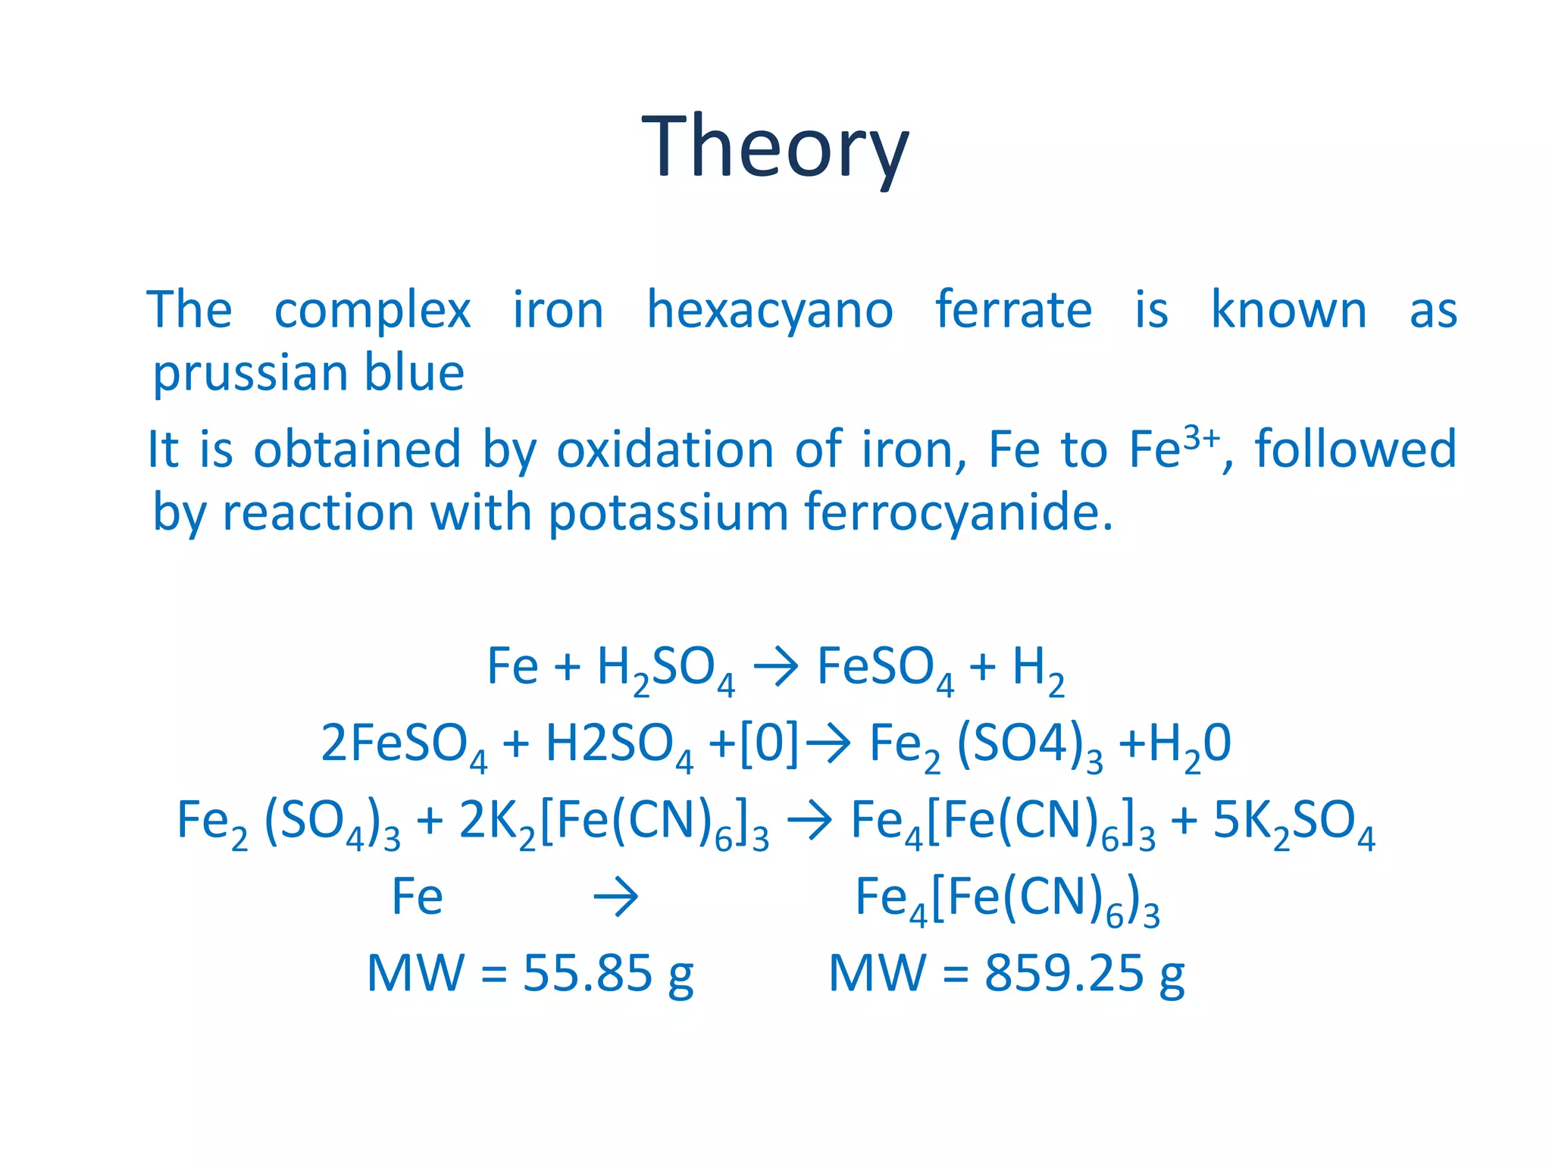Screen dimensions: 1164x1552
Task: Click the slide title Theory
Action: pyautogui.click(x=774, y=146)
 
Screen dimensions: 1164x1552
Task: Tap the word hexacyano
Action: pyautogui.click(x=769, y=311)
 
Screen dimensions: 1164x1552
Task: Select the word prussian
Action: pyautogui.click(x=251, y=374)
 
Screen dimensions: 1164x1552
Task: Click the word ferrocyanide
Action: pyautogui.click(x=959, y=513)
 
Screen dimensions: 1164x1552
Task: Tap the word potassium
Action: pyautogui.click(x=668, y=513)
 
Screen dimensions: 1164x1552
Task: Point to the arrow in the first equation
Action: pyautogui.click(x=776, y=667)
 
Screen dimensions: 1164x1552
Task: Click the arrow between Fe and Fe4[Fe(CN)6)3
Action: pyautogui.click(x=615, y=898)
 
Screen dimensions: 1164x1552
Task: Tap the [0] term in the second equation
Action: pyautogui.click(x=768, y=743)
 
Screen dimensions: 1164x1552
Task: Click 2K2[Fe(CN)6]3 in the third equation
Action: pyautogui.click(x=614, y=822)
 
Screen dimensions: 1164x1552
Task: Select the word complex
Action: pyautogui.click(x=372, y=311)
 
